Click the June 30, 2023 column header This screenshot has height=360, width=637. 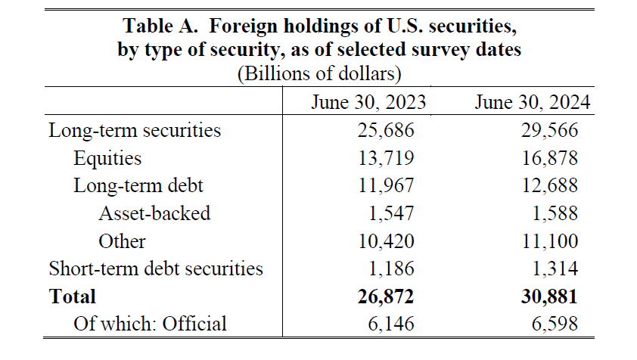368,102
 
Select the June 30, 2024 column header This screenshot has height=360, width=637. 533,102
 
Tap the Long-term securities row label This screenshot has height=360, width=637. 135,130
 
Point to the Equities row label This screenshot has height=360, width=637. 107,158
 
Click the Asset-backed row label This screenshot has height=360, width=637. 154,213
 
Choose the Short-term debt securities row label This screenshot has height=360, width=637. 156,268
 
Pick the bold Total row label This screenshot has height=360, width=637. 73,296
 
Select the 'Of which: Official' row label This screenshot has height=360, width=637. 150,324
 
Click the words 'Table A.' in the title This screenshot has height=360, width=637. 160,27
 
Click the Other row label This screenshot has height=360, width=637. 122,241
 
